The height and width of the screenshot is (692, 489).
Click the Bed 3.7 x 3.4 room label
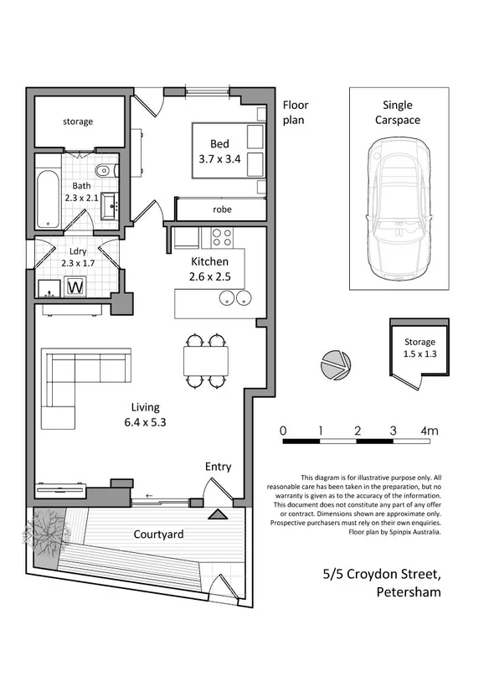[219, 152]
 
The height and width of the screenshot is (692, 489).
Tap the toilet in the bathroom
[106, 170]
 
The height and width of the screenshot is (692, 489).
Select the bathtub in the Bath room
[48, 199]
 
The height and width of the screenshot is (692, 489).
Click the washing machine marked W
[75, 287]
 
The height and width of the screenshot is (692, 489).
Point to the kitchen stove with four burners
[222, 237]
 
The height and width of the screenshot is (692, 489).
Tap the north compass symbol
[336, 365]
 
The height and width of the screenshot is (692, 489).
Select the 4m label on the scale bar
[429, 431]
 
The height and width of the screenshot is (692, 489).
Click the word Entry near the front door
[218, 467]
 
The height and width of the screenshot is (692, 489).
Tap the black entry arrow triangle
[217, 514]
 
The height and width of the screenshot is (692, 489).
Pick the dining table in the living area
[206, 361]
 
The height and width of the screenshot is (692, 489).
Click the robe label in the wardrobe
[222, 209]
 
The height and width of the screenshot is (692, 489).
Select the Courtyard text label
[159, 534]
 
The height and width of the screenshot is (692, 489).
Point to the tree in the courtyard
[45, 531]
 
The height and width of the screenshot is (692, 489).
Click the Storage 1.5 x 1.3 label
[420, 348]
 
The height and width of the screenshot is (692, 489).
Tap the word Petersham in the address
[409, 591]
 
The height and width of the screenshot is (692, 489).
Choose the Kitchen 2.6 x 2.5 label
[210, 269]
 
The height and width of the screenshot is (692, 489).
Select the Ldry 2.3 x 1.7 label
[78, 257]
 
